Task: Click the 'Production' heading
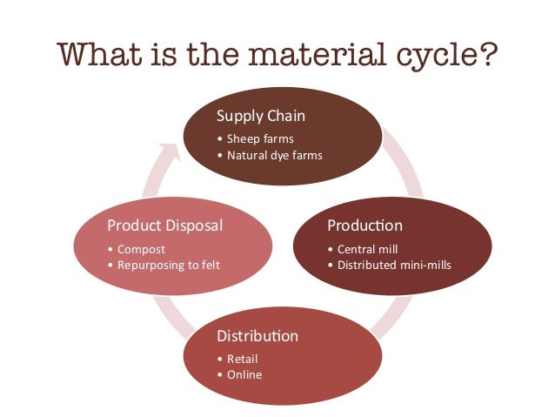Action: [x=364, y=226]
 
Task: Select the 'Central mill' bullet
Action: [x=363, y=248]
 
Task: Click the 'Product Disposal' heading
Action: [x=164, y=226]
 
